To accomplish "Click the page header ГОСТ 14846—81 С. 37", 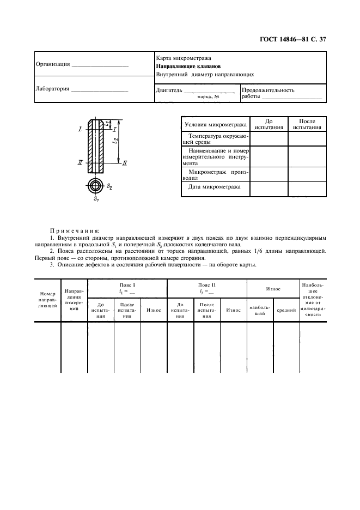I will (x=293, y=39).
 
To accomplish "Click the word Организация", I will (x=53, y=64).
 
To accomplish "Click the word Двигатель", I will (x=169, y=90).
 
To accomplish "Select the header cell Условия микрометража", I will (x=215, y=124).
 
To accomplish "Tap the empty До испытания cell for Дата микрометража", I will (x=268, y=189).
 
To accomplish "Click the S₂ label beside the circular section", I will (x=109, y=186).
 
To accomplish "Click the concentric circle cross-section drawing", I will (x=96, y=186).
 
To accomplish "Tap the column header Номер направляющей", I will (x=48, y=300).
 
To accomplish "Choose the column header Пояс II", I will (x=207, y=285).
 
